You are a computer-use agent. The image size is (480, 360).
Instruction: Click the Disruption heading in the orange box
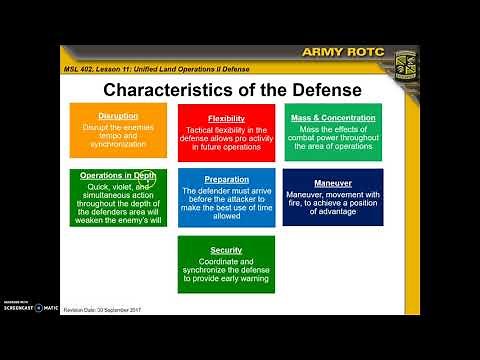(118, 116)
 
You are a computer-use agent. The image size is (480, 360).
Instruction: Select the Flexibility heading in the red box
(226, 118)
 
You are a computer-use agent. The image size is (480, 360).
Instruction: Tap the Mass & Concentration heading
(333, 118)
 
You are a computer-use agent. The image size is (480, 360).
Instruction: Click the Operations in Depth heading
(117, 175)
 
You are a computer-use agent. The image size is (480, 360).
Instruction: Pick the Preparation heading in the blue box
(226, 180)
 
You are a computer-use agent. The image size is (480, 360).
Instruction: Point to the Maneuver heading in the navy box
(333, 182)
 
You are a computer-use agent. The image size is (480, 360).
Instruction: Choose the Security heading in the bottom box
(226, 250)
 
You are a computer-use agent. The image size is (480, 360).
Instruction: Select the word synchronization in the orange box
(118, 146)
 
